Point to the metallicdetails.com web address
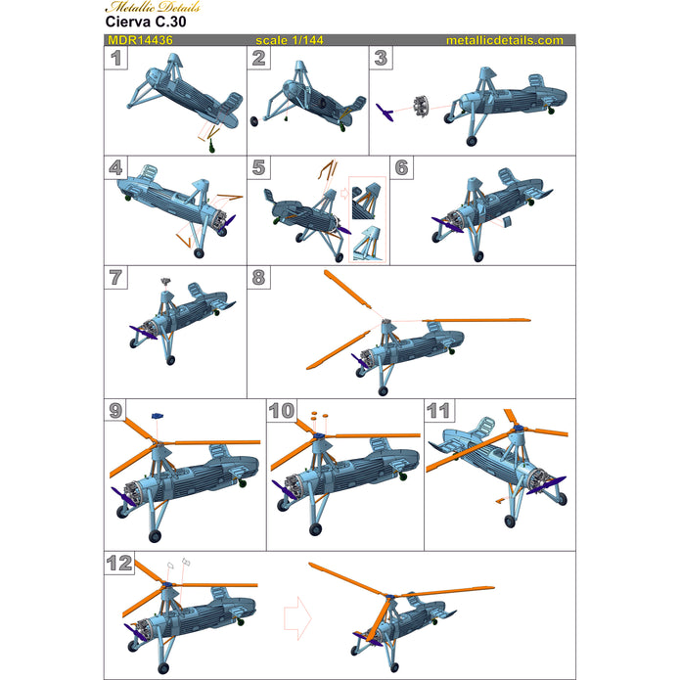[x=504, y=41]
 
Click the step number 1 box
[x=116, y=59]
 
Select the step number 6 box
[x=402, y=167]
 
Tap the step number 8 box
[x=258, y=277]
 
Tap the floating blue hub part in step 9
[x=156, y=417]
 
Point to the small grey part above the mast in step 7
[x=165, y=281]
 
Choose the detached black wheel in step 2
[x=256, y=120]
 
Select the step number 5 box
[x=258, y=167]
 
